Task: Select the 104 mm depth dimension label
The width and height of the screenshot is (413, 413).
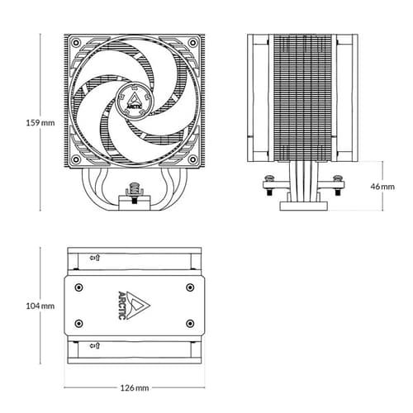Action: coord(40,306)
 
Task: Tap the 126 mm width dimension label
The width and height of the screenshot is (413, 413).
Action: coord(133,387)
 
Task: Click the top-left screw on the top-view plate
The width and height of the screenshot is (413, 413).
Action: coord(78,287)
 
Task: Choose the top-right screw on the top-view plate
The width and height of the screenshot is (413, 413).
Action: coord(188,287)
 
